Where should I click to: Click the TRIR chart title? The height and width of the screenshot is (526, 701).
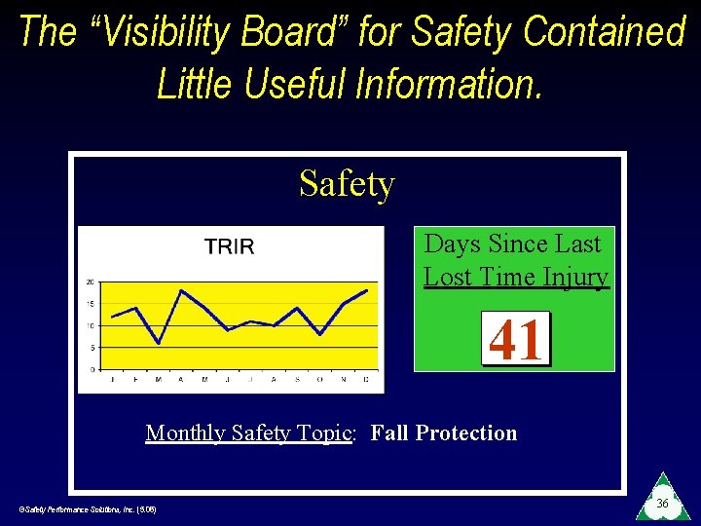pos(229,246)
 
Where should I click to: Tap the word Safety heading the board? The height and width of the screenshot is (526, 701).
pos(347,183)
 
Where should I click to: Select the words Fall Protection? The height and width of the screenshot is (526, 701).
pos(444,432)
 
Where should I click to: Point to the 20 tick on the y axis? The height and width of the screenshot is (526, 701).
pos(91,282)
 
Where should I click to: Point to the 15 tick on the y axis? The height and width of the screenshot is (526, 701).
pos(91,304)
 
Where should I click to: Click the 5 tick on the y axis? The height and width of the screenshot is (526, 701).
pos(92,348)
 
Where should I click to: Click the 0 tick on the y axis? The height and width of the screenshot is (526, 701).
pos(92,370)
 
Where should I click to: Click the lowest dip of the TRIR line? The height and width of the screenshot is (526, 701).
pos(159,343)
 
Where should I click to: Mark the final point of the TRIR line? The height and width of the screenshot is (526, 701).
pos(366,290)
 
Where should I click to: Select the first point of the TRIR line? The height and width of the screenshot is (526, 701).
pos(113,317)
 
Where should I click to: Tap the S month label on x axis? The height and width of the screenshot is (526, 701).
pos(297,380)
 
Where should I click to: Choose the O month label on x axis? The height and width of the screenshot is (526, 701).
pos(320,380)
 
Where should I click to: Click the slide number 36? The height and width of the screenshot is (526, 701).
pos(662,504)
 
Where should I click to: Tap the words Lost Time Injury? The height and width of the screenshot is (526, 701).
pos(516,277)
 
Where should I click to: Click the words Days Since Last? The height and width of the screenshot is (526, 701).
pos(513,244)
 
